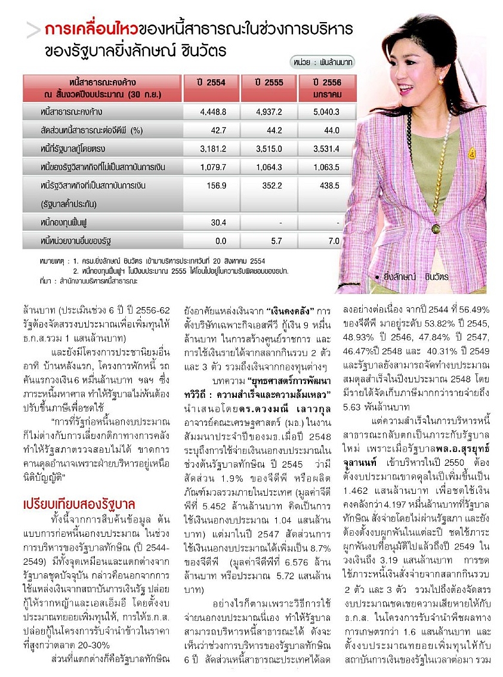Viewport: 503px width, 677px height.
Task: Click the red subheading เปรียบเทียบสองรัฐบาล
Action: coord(79,502)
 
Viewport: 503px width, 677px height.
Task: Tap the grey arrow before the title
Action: coord(33,30)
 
